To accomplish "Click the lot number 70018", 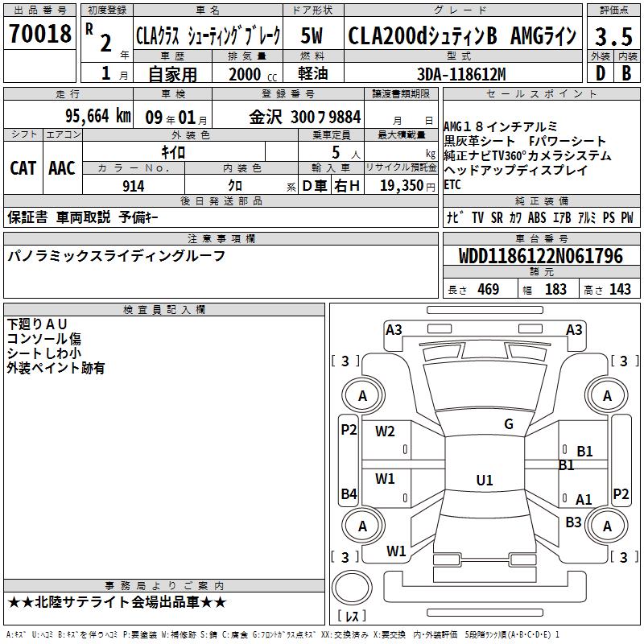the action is click(39, 33).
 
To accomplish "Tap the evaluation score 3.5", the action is click(613, 36).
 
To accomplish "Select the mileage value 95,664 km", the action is click(98, 116).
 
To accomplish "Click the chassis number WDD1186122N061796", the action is click(541, 256).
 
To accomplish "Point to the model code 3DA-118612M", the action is click(461, 74).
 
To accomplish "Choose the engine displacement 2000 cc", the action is click(253, 74).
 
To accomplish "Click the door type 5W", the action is click(312, 35).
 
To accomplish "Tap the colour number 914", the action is click(134, 186).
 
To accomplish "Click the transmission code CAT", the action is click(23, 168).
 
